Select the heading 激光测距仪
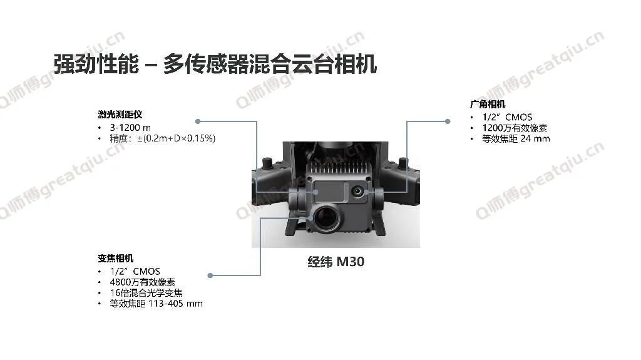[120, 115]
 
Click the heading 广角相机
[488, 104]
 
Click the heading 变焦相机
[116, 259]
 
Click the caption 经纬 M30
[336, 262]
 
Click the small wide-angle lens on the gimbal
[357, 190]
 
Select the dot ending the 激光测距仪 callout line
[198, 121]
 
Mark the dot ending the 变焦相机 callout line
[210, 275]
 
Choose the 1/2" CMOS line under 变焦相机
[135, 272]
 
